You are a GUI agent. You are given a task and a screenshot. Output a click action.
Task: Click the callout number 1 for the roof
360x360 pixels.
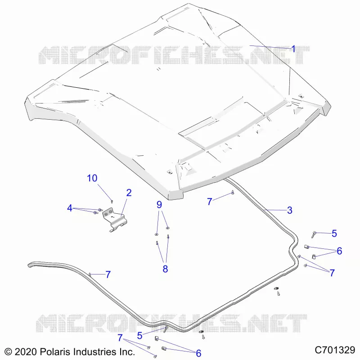[x=293, y=49]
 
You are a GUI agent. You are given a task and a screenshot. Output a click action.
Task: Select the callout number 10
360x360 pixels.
[x=92, y=178]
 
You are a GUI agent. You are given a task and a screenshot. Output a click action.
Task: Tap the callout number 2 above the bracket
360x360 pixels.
[x=129, y=193]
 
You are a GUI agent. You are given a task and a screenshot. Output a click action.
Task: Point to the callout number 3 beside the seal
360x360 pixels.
[x=289, y=210]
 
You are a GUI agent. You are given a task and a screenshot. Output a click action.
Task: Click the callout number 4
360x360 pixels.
[x=70, y=208]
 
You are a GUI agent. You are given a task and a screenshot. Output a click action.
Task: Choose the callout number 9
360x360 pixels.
[x=159, y=205]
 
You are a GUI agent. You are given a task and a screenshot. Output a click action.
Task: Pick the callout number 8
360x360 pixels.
[x=165, y=269]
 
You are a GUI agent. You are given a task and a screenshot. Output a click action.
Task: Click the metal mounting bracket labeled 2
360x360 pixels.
[x=115, y=219]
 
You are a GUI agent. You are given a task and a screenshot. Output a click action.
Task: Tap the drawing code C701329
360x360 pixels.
[x=335, y=351]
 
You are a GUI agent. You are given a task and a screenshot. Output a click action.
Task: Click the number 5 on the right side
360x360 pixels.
[x=334, y=234]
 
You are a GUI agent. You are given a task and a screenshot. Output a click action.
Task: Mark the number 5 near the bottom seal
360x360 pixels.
[x=139, y=336]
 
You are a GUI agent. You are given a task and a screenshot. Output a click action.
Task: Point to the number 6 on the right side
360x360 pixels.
[x=339, y=251]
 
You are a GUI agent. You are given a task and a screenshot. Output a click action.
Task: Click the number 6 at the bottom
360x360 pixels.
[x=198, y=353]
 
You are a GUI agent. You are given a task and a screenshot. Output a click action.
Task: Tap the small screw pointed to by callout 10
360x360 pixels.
[x=112, y=201]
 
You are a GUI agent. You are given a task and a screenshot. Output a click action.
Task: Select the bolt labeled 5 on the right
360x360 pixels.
[x=313, y=235]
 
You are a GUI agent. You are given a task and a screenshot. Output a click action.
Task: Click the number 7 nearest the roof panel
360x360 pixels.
[x=209, y=202]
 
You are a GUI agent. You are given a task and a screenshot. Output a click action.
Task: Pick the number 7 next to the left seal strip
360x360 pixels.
[x=108, y=274]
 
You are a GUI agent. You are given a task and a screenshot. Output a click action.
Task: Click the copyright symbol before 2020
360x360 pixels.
[x=8, y=352]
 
